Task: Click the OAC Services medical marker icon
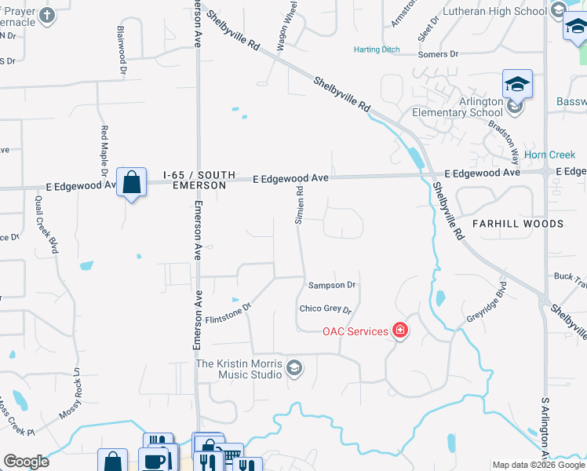point(400,330)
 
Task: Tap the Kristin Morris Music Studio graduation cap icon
point(294,368)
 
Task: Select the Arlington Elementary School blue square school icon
point(517,84)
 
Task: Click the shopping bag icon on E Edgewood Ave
point(132,182)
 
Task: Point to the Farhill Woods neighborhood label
point(517,224)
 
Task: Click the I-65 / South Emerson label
point(195,180)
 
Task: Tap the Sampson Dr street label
point(332,285)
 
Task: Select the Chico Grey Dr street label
point(326,309)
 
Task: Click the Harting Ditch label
point(377,49)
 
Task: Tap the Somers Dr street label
point(438,53)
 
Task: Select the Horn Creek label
point(549,155)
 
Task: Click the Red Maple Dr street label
point(104,149)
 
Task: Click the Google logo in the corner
point(26,462)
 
